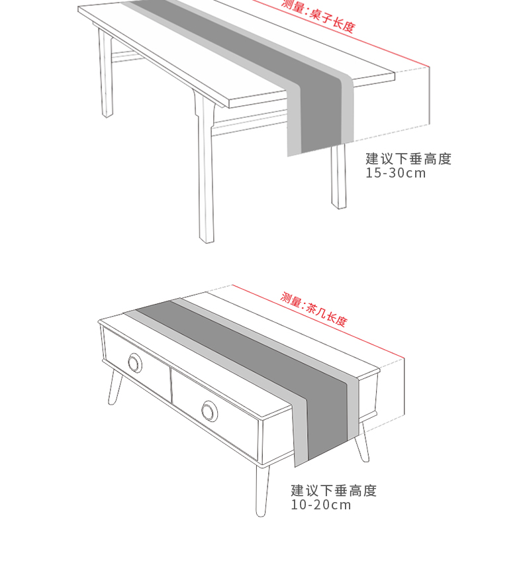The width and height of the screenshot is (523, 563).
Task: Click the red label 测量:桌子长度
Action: click(318, 16)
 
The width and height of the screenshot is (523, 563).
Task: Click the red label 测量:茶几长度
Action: click(313, 309)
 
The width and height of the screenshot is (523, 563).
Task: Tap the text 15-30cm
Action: click(396, 174)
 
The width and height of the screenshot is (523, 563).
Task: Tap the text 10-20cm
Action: click(321, 505)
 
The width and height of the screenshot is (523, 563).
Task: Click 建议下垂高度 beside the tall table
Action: click(408, 159)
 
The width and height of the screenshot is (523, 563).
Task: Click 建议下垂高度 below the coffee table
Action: click(334, 491)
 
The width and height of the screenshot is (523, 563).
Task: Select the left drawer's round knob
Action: click(135, 363)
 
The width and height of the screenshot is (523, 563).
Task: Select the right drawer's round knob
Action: click(210, 411)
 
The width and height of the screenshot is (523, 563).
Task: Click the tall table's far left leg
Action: click(105, 79)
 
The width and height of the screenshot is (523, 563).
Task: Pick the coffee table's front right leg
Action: click(262, 490)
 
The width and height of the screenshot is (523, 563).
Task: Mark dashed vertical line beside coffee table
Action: click(404, 391)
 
